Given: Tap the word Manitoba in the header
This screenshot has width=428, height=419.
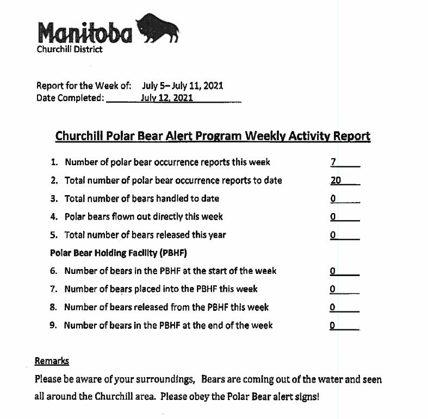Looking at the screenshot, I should coord(85,34).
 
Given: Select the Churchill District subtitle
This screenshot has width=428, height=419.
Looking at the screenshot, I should coord(70,49).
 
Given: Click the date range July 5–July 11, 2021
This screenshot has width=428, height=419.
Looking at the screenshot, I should coord(183,86).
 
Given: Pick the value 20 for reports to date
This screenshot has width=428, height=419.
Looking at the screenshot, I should coord(336,180).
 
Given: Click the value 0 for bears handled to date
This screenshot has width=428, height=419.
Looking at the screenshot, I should coord(333,199).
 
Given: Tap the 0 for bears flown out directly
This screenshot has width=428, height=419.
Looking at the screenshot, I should coord(333,217).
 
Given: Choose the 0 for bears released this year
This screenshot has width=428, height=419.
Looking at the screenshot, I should coord(333,235).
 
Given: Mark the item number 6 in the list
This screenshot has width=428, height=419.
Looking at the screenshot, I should coord(54,271).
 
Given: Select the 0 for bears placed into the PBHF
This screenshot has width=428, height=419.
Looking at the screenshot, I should coord(333,289).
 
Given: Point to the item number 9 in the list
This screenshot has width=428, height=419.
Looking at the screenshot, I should coord(54,326).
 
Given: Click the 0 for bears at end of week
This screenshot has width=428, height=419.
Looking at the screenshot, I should coord(333,326).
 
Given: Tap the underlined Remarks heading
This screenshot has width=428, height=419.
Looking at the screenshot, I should coord(52,361).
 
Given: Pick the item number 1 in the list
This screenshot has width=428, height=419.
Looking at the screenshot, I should coord(54,162).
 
